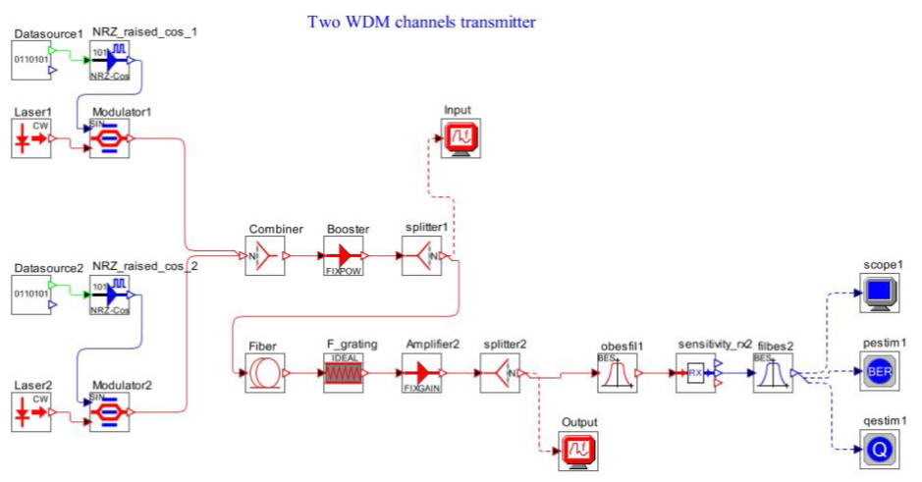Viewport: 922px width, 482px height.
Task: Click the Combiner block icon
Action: pos(264,257)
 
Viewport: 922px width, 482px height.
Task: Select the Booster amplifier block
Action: pos(343,257)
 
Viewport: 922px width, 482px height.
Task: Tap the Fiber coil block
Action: pos(264,373)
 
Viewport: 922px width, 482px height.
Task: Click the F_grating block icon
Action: pos(344,373)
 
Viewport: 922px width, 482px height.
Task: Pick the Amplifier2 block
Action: pos(422,373)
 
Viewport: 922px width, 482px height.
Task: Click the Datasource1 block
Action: pos(30,62)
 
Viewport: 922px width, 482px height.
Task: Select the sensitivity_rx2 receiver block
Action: pos(696,373)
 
